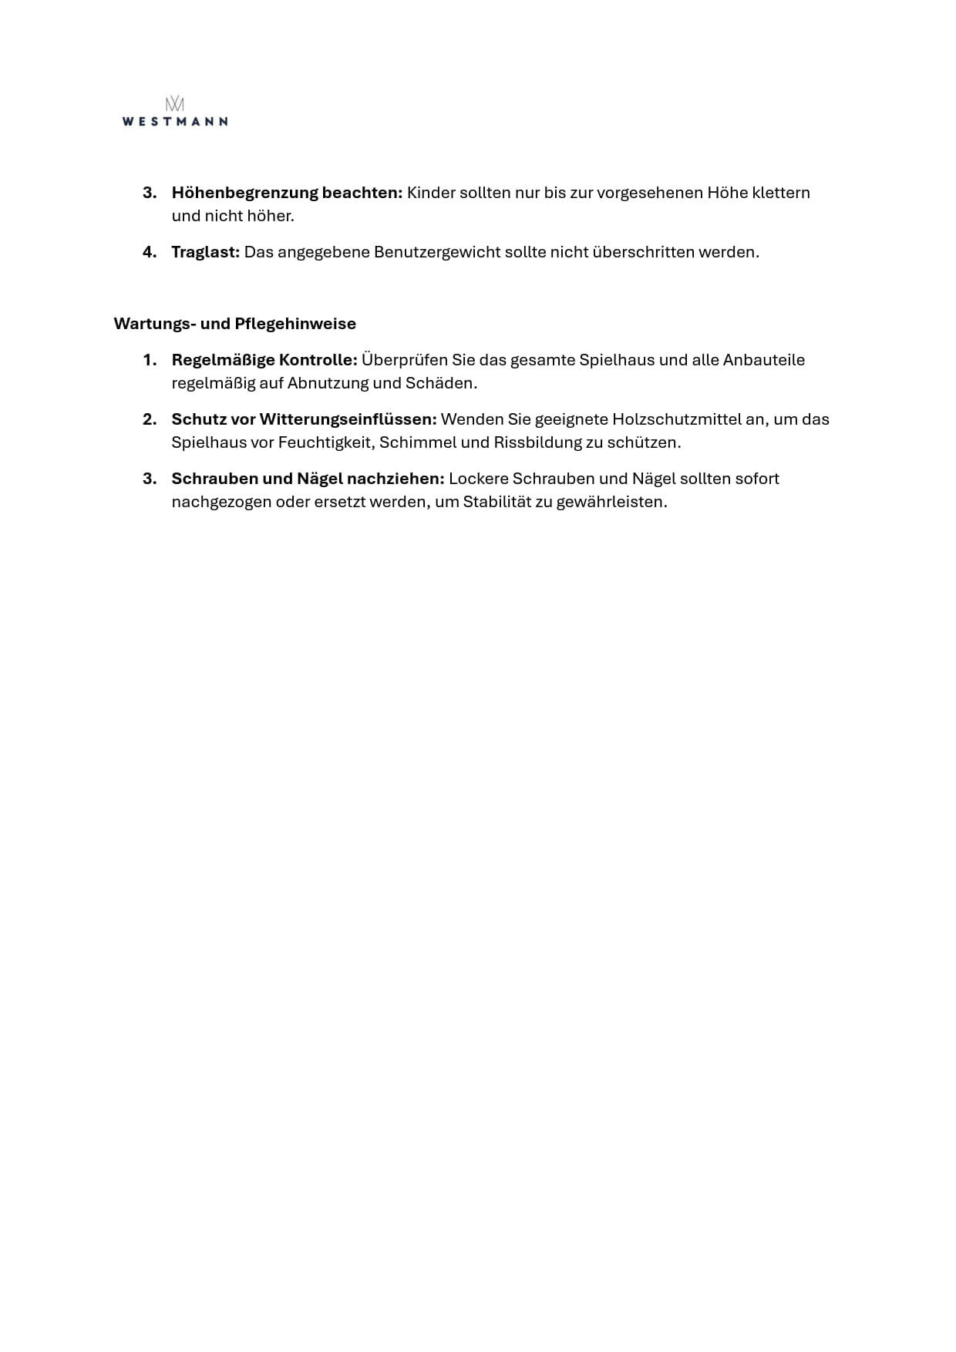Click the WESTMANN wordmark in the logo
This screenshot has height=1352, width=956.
click(x=175, y=121)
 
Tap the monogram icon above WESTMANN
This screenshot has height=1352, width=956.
click(x=175, y=103)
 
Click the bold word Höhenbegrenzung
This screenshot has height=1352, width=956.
click(x=244, y=193)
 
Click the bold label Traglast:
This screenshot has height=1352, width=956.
click(x=206, y=252)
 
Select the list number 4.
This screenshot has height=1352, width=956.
click(x=150, y=252)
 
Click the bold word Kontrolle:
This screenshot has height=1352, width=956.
click(x=318, y=360)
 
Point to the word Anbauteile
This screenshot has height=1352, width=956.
click(x=763, y=360)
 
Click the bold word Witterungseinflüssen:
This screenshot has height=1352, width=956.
click(x=348, y=419)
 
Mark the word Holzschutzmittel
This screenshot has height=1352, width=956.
click(x=677, y=419)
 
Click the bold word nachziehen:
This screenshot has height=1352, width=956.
click(x=396, y=479)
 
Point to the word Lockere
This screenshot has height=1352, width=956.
click(x=478, y=479)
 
